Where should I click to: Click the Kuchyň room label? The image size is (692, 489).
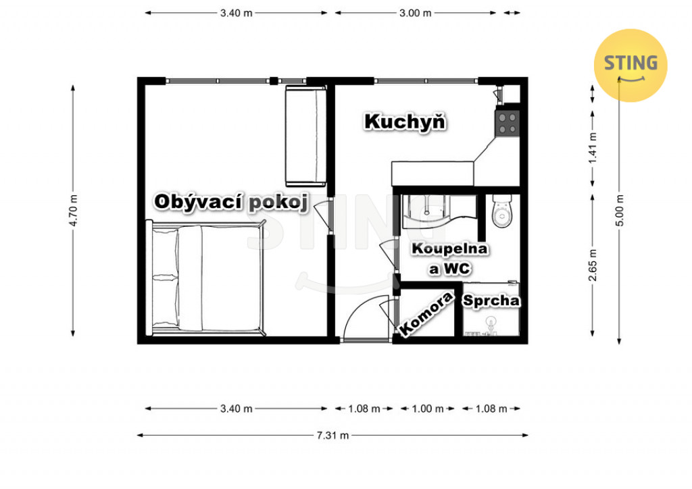click(x=405, y=122)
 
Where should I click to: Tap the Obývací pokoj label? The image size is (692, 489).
click(x=231, y=202)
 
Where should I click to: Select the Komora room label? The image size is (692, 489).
click(x=426, y=313)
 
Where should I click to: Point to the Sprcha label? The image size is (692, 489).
click(x=491, y=301)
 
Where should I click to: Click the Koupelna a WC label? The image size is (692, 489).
click(x=449, y=259)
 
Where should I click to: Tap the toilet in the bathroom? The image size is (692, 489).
click(x=502, y=211)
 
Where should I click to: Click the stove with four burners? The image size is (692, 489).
click(x=507, y=123)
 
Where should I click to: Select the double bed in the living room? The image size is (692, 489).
click(x=206, y=278)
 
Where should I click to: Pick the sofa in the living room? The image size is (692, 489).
click(x=305, y=136)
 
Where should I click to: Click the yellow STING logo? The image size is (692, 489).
click(x=631, y=66)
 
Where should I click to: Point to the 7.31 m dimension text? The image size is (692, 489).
click(x=332, y=436)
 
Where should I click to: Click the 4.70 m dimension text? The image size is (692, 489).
click(x=73, y=210)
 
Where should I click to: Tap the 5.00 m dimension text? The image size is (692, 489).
click(x=620, y=210)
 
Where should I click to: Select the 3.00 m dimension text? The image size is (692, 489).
click(x=416, y=14)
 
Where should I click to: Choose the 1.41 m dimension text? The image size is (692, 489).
click(x=592, y=148)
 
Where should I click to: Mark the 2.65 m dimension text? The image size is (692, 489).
click(x=592, y=265)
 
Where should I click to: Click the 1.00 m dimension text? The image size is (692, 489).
click(x=428, y=409)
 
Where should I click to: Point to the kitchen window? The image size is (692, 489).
click(x=426, y=80)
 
